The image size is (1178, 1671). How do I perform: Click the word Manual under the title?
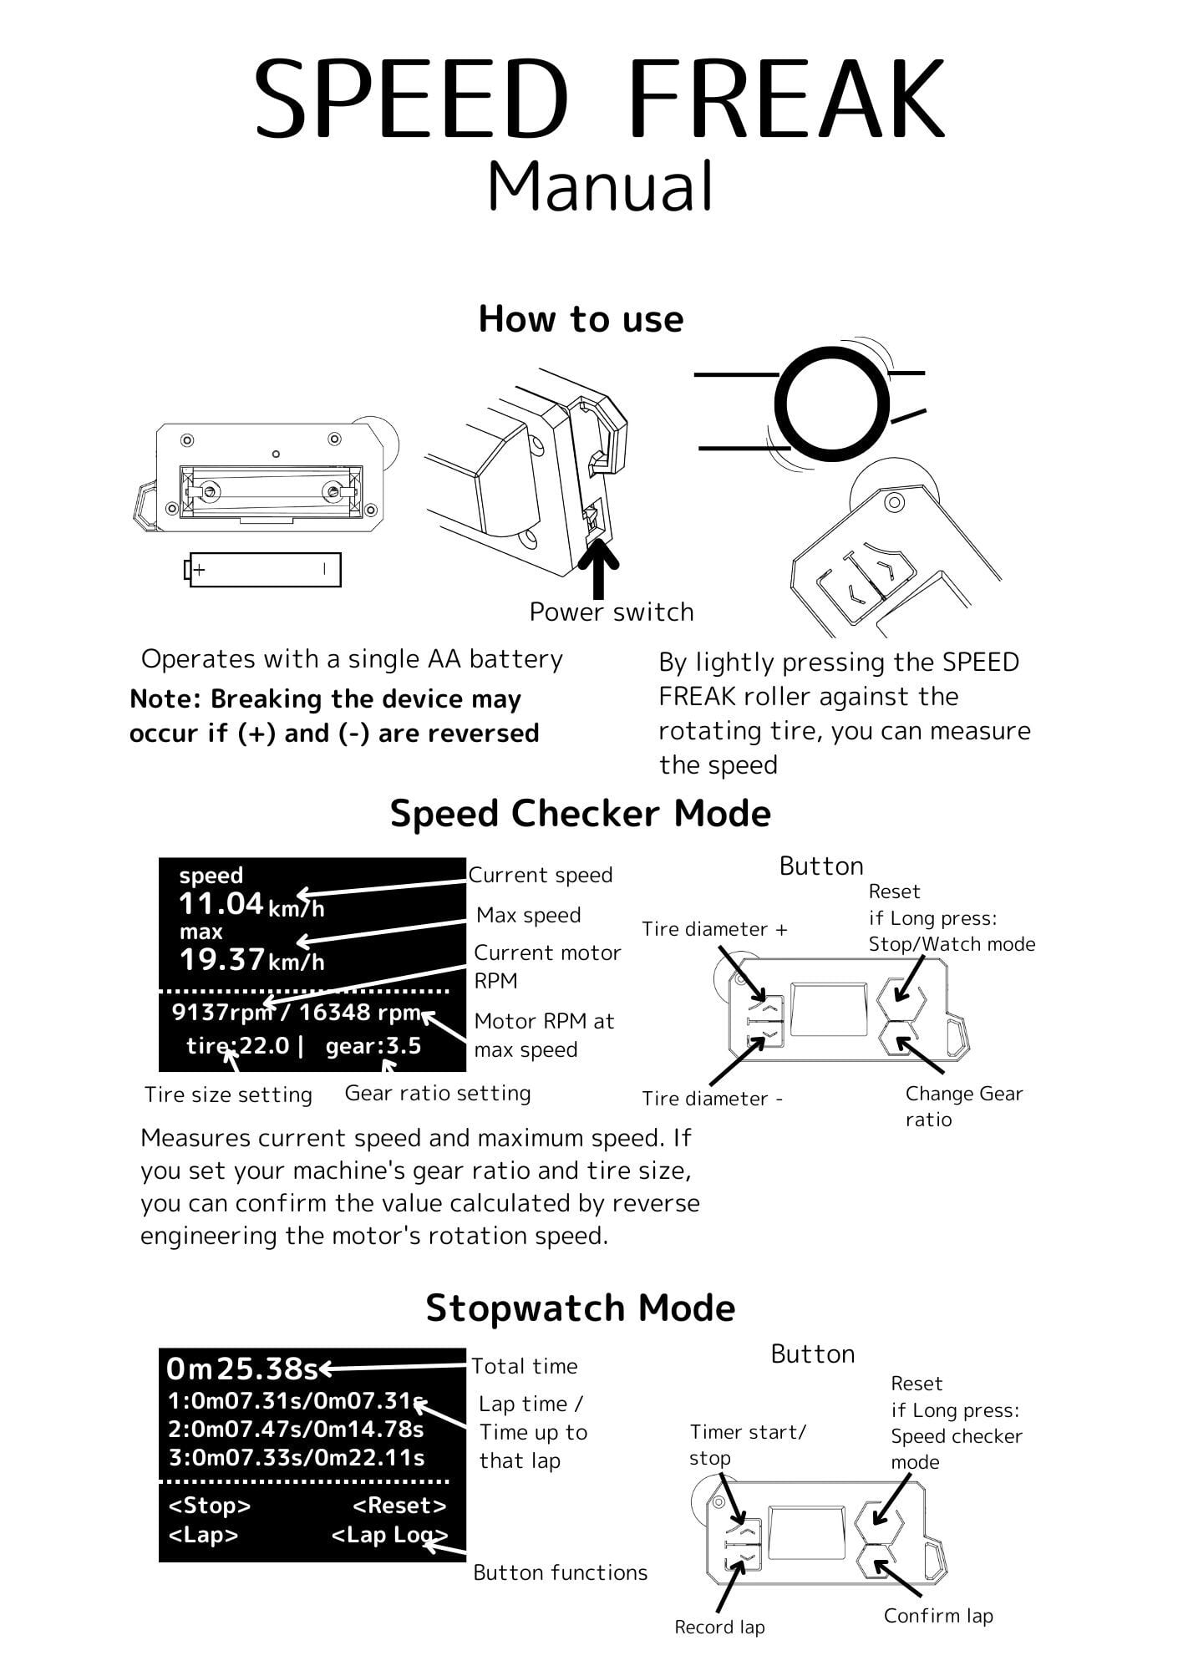point(600,186)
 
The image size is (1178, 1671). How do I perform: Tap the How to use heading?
point(581,319)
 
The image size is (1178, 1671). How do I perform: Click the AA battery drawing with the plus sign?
point(263,570)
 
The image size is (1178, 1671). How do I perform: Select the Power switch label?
point(612,612)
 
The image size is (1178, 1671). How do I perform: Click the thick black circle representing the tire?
point(831,403)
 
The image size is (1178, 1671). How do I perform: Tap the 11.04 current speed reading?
point(221,904)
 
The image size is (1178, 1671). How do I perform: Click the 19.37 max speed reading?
point(222,959)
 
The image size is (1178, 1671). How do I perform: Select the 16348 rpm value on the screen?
point(359,1013)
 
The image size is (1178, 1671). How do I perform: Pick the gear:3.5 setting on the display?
point(373,1046)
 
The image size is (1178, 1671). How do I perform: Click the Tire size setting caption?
point(228,1095)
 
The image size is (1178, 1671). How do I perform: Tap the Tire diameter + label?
point(714,929)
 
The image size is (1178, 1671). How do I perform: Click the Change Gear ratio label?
point(963,1106)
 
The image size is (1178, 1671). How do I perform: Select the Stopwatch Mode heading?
point(580,1308)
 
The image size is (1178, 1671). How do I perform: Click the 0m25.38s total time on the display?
point(242,1369)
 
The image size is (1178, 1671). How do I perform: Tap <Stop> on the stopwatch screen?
point(210,1506)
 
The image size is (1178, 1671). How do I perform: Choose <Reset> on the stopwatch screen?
point(399,1506)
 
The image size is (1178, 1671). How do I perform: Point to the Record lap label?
point(719,1627)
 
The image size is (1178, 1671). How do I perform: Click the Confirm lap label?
point(938,1616)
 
